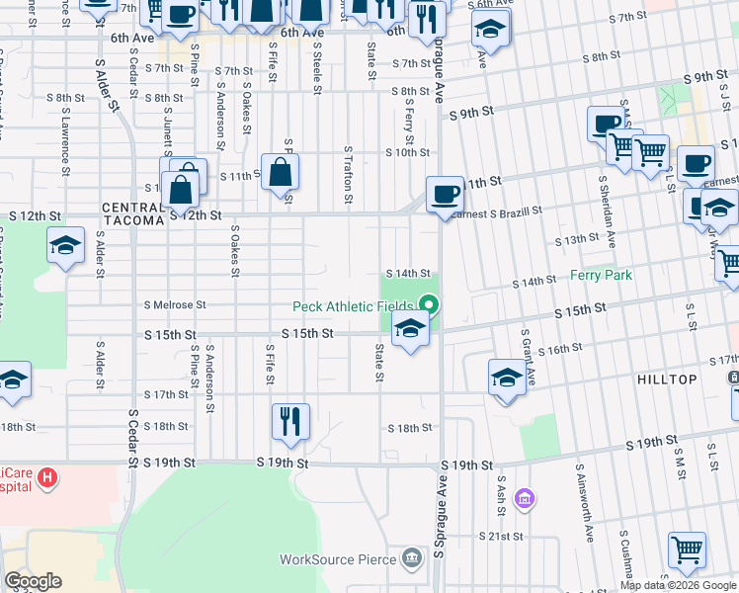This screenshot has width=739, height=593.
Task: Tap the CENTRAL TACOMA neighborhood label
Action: click(x=132, y=213)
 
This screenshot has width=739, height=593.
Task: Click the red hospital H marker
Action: click(x=46, y=480)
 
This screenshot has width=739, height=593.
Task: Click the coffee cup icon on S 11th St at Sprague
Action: click(x=445, y=192)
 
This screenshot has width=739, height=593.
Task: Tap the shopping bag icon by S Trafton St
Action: click(x=281, y=170)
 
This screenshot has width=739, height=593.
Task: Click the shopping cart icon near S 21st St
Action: click(x=687, y=549)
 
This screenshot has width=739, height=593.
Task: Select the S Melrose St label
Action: click(x=175, y=305)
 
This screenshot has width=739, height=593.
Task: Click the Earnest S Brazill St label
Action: click(x=497, y=212)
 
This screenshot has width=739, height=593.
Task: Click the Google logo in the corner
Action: click(x=33, y=581)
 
